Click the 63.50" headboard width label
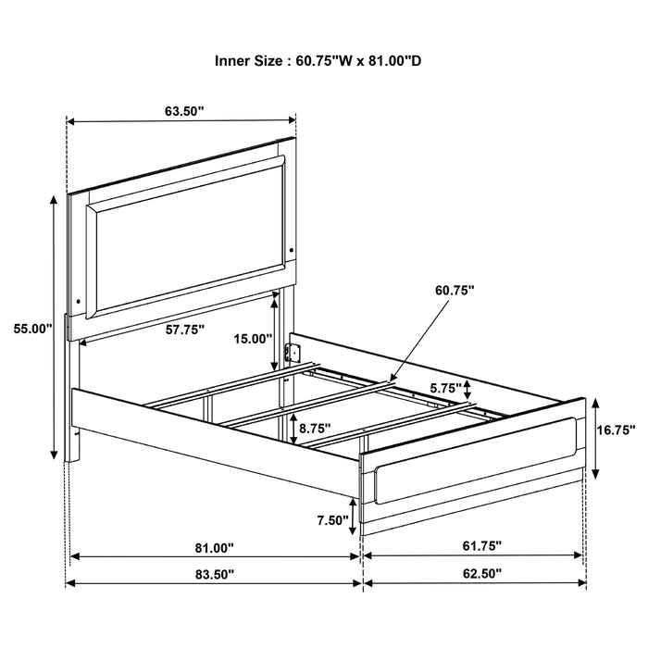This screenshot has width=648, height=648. coord(184,111)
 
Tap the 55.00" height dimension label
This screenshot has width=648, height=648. coord(30,328)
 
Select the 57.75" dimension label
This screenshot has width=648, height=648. coord(185,329)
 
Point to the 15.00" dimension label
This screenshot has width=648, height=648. coord(252,339)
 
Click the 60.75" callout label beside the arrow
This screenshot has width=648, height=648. coord(454,291)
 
